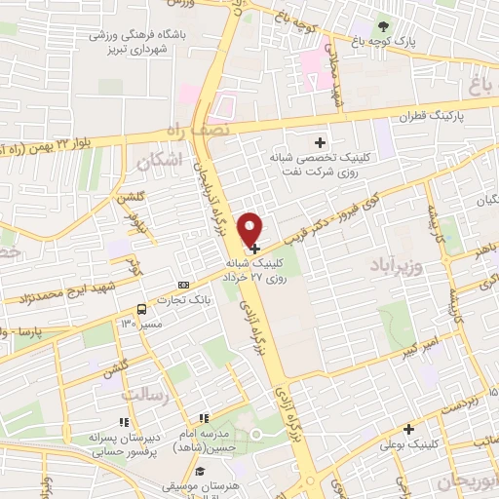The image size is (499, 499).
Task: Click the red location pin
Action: (x=251, y=227)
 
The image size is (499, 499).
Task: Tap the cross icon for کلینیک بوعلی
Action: (x=407, y=428)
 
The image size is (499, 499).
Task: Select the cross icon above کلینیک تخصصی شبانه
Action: (x=319, y=143)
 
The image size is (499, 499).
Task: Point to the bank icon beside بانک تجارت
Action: (x=183, y=285)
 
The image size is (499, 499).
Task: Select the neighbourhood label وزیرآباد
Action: (x=396, y=262)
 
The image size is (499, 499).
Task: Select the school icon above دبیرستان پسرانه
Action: (x=123, y=422)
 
